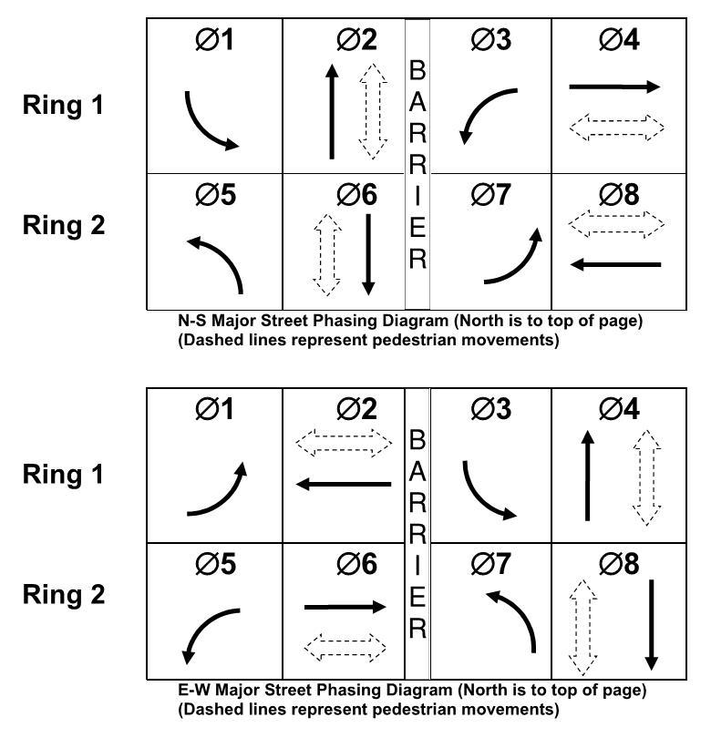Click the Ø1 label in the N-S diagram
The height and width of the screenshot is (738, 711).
coord(215,41)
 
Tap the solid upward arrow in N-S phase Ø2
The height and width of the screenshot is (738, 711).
coord(332,111)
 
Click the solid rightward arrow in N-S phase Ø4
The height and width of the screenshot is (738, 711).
coord(614,87)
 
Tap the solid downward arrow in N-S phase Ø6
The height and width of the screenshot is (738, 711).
coord(368,254)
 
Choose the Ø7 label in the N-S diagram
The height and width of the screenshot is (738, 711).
coord(490,195)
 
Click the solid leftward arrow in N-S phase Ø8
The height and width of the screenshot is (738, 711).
coord(614,265)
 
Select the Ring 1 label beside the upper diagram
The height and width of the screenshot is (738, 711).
coord(63,106)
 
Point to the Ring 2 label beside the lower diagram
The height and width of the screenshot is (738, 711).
coord(63,595)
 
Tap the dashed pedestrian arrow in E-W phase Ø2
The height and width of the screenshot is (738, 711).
coord(344,444)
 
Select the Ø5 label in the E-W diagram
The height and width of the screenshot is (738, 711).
coord(215,565)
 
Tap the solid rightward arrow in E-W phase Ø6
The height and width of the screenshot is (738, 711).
coord(345,607)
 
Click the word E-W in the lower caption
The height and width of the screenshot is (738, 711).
coord(191,690)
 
